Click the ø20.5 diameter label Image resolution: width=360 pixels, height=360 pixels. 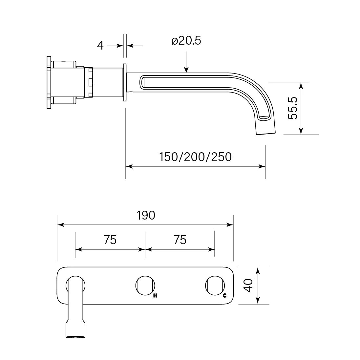tap(186, 41)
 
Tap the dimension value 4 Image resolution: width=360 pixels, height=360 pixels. tap(100, 46)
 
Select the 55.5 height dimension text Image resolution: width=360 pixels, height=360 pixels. tap(293, 108)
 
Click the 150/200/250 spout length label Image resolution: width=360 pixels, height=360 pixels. tap(195, 157)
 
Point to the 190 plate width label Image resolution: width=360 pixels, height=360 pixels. tap(146, 215)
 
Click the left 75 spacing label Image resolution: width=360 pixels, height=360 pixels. tap(110, 240)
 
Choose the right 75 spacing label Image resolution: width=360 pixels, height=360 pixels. tap(180, 240)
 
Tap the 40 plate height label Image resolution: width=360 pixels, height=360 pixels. tap(248, 286)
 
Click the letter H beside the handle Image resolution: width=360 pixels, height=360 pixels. tap(155, 296)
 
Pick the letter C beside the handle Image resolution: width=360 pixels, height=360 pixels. tap(224, 295)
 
